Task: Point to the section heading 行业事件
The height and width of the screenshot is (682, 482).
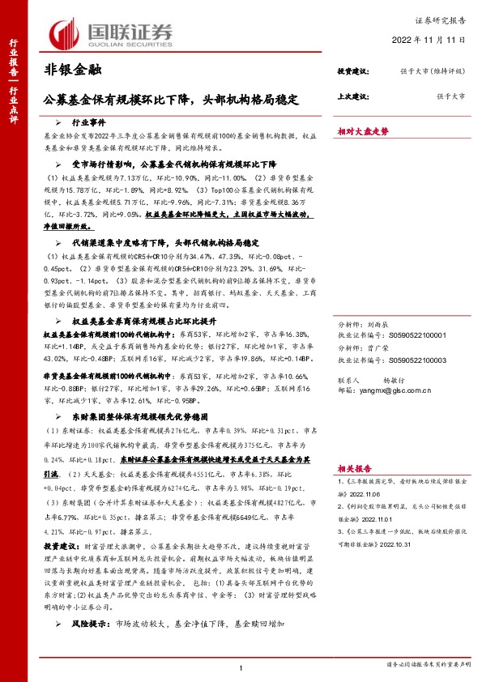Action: click(89, 121)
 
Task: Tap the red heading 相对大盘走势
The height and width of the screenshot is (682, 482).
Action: click(363, 130)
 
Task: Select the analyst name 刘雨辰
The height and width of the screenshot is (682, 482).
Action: click(384, 322)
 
